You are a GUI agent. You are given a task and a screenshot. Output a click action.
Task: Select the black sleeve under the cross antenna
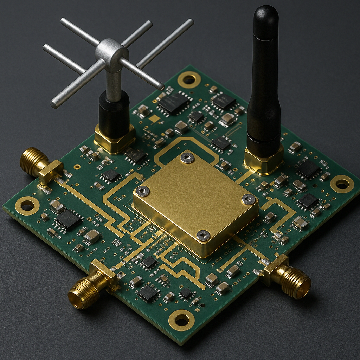tap(114, 110)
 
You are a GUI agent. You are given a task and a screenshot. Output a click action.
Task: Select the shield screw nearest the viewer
tap(203, 235)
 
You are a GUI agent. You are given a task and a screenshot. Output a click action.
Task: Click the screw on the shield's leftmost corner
tap(143, 191)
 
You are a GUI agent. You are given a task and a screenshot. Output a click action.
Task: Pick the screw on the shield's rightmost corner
tap(248, 199)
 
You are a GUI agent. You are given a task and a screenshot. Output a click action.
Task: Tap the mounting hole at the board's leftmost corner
tap(27, 205)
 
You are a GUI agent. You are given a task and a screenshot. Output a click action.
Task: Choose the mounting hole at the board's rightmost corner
tap(342, 184)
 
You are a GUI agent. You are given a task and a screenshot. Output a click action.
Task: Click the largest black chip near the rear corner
tap(174, 102)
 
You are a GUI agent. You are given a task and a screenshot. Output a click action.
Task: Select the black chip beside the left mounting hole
tap(68, 220)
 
